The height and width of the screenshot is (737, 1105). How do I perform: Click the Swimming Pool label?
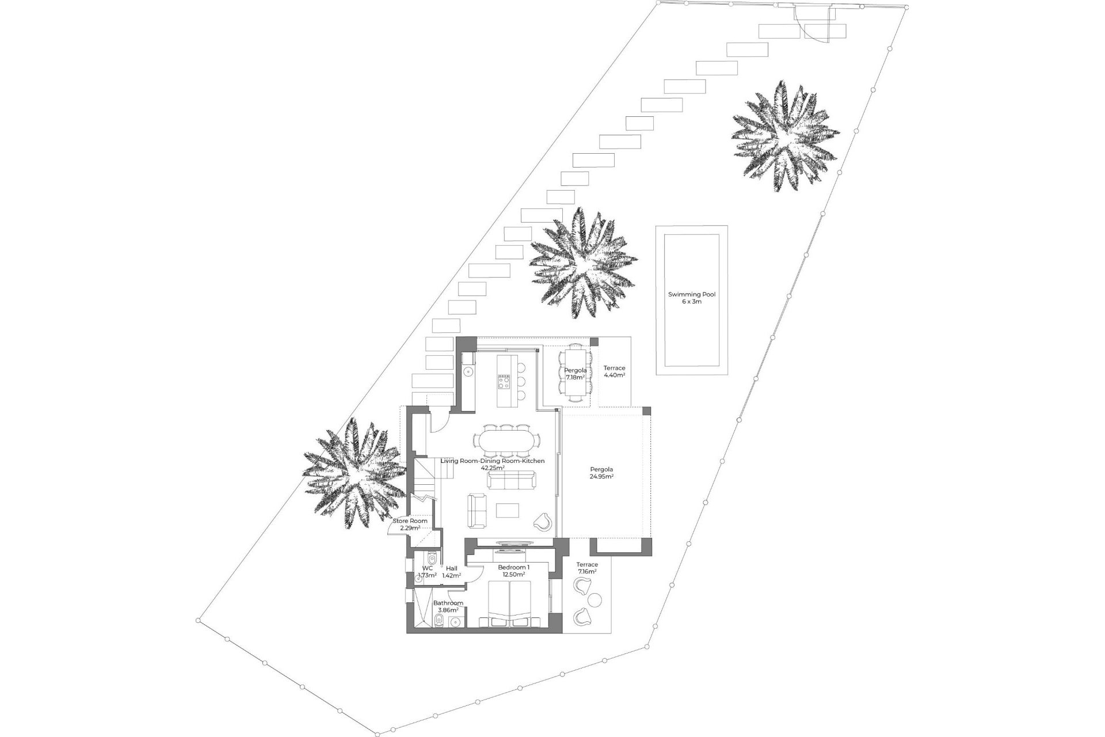click(691, 298)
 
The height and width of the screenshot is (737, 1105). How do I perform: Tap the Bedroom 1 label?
click(513, 571)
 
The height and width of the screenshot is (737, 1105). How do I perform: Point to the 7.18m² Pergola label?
click(575, 374)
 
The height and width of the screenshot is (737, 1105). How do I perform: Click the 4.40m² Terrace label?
click(614, 371)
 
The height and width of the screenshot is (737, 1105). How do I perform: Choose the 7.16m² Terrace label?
click(587, 568)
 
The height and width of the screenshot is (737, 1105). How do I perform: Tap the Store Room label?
click(410, 524)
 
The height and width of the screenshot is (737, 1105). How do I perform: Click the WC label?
click(426, 571)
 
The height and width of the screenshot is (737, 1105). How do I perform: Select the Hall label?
click(451, 572)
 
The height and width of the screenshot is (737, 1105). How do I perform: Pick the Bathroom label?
click(448, 606)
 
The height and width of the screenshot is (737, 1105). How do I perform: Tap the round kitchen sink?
click(468, 372)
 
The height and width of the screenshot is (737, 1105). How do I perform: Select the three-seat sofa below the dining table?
click(511, 480)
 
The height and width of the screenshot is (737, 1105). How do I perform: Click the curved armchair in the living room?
click(543, 522)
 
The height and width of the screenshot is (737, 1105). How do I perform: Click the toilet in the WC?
click(433, 559)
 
